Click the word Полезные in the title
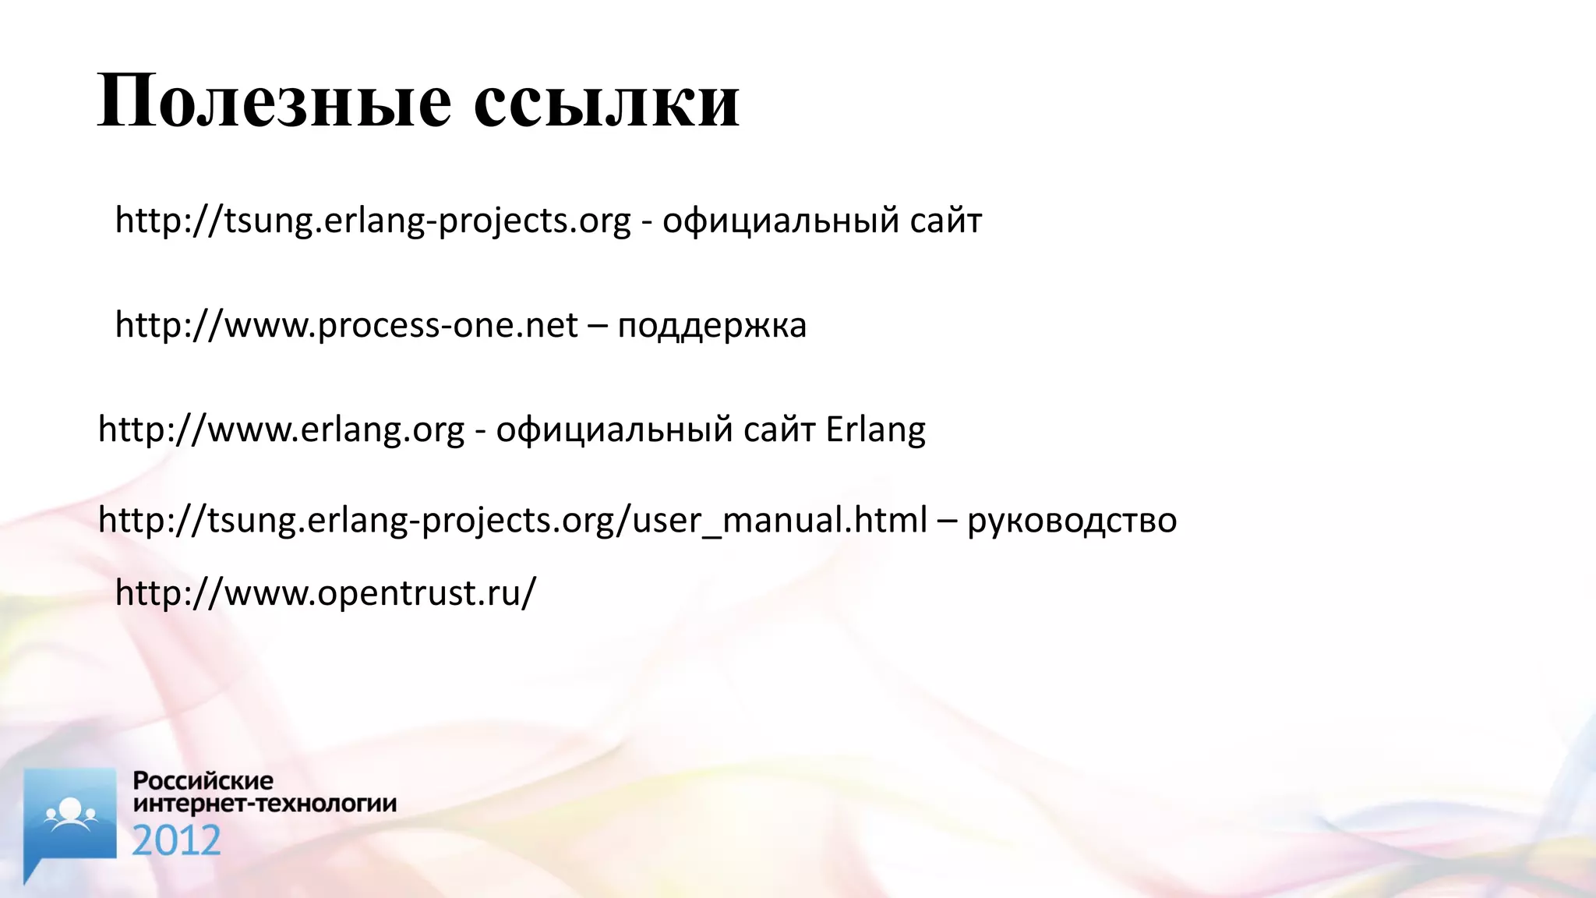pos(274,101)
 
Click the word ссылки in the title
pos(606,101)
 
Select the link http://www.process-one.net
pos(347,325)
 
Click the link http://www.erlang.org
pos(281,430)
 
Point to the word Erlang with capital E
pos(875,430)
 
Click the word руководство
pos(1072,521)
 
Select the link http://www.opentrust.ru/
pos(326,593)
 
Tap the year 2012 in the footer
pos(176,841)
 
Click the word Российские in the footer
pos(203,780)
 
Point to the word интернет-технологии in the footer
pos(265,804)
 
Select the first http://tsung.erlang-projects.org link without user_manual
pos(373,221)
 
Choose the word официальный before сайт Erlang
pos(614,430)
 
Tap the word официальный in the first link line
pos(781,221)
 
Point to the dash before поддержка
pos(597,326)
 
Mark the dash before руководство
pos(947,520)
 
